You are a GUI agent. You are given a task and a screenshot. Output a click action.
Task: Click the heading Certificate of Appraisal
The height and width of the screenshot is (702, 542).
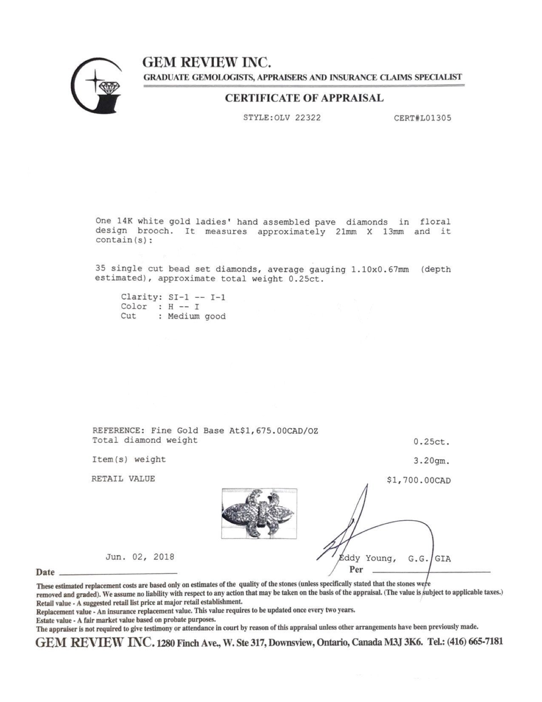[x=304, y=98]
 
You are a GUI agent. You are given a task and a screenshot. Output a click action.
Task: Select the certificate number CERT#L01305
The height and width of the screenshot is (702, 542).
[x=423, y=118]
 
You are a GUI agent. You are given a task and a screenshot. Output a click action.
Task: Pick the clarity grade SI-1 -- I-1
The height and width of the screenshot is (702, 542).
[x=197, y=297]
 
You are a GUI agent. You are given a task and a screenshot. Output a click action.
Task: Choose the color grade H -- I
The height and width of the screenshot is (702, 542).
[x=184, y=307]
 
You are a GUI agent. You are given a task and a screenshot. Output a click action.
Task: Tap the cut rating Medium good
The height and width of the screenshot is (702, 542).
[x=196, y=317]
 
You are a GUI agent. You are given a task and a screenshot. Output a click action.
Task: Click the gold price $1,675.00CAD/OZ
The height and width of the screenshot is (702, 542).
[x=279, y=431]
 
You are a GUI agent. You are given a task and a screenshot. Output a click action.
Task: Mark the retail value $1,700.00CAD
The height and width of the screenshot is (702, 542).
[x=418, y=480]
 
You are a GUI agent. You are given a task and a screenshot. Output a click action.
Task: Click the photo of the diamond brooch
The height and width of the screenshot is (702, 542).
[x=259, y=514]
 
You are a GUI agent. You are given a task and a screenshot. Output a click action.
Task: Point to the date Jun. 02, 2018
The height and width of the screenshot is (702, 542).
[x=140, y=557]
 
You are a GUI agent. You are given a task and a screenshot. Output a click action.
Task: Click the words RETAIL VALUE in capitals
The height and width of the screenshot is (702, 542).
[x=123, y=479]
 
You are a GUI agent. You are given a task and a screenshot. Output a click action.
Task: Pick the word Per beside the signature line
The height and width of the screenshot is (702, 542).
[x=356, y=569]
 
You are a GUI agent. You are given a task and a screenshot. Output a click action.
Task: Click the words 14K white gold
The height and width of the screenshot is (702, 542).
[x=141, y=222]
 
